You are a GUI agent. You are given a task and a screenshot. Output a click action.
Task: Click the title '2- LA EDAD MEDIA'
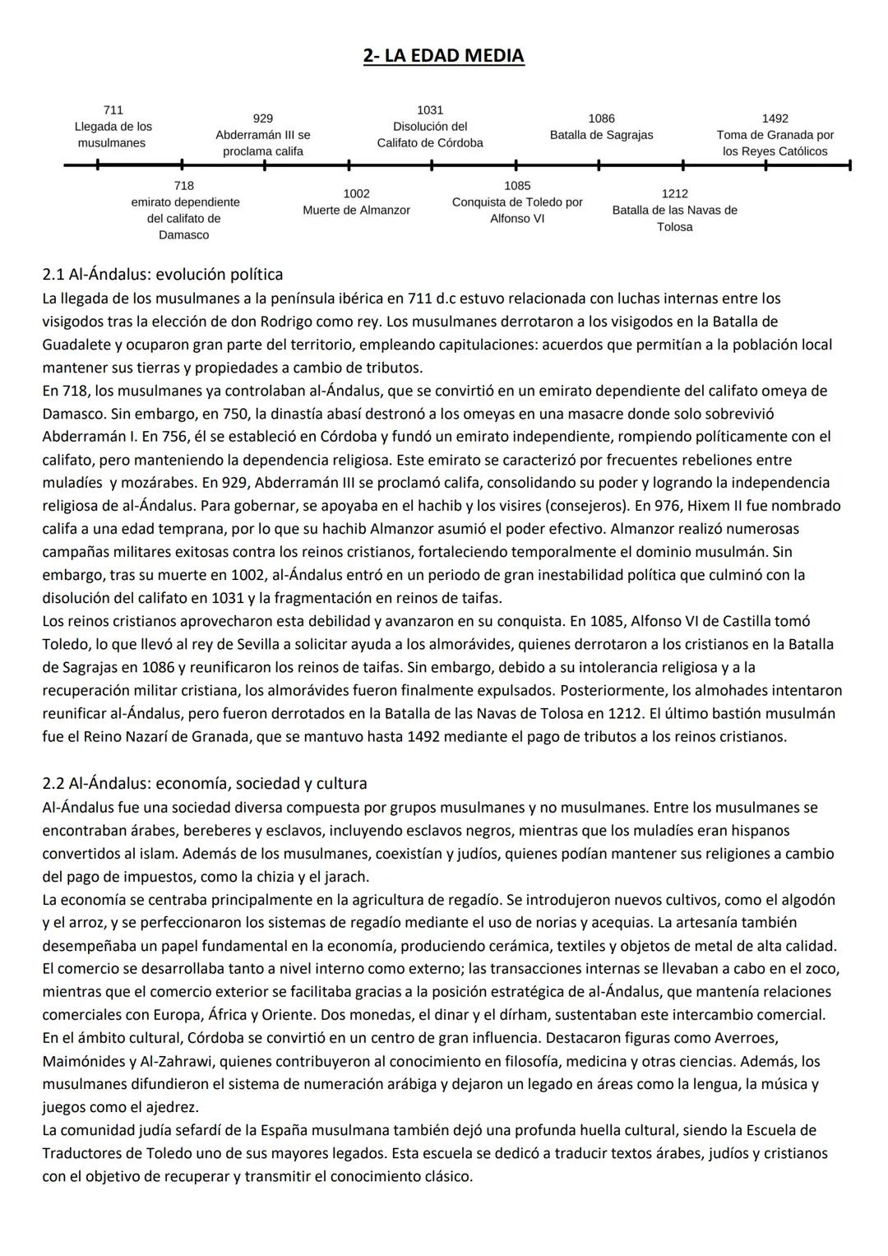(443, 56)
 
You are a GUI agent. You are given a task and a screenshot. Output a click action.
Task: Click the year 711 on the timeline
(113, 109)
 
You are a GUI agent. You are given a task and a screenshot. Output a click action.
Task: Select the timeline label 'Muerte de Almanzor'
(356, 211)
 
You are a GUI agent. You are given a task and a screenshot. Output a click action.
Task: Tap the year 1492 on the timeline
(775, 118)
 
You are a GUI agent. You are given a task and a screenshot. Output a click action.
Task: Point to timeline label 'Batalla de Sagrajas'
(601, 135)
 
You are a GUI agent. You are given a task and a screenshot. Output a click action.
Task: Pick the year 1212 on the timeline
(674, 193)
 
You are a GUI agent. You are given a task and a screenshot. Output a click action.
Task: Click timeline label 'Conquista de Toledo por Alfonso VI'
(517, 211)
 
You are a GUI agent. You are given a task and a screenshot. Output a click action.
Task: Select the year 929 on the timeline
(263, 118)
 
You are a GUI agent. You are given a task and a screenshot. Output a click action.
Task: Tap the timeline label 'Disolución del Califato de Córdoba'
(430, 135)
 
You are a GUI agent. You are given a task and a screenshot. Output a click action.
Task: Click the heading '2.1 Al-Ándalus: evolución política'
(163, 274)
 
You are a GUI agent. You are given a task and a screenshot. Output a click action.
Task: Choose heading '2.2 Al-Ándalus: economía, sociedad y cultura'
(205, 783)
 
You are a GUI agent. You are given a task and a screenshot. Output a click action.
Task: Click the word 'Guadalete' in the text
(76, 345)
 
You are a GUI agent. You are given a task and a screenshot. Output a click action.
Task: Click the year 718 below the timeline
(184, 186)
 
